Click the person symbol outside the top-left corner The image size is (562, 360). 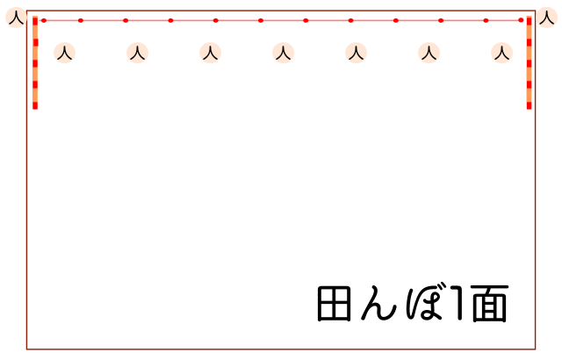16,18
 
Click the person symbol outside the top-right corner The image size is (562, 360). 546,18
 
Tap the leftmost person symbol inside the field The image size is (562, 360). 64,53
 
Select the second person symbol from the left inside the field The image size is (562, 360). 137,53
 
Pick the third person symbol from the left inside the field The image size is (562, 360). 211,53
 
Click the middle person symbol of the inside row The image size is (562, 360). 283,53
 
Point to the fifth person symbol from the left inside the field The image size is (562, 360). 356,53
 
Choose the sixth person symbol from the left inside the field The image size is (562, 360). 429,53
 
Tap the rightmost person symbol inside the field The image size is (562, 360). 501,53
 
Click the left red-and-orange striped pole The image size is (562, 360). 35,62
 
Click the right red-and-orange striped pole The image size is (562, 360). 529,62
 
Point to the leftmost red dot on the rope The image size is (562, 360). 44,20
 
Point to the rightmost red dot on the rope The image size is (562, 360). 521,20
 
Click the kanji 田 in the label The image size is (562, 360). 334,304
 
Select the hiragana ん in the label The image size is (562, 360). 378,303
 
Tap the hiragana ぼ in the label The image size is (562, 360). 425,301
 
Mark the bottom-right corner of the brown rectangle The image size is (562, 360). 535,349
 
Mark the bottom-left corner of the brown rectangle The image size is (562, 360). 27,349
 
